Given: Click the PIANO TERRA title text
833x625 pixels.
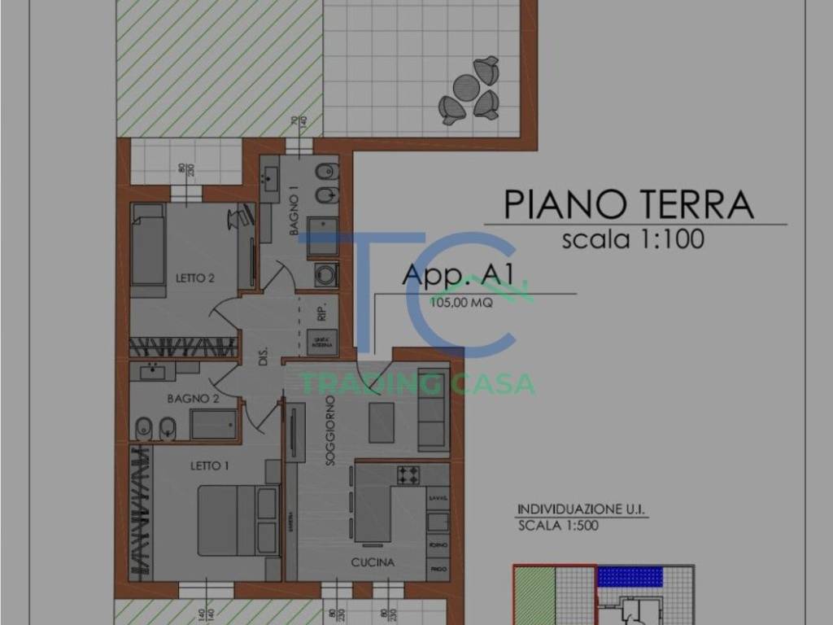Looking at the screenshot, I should (628, 204).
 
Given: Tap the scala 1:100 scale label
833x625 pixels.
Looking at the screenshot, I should (632, 240).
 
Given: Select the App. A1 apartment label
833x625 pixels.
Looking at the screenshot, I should (457, 275).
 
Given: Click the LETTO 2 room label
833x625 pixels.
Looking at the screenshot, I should (195, 278).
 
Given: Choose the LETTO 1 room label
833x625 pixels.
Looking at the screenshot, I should (210, 465).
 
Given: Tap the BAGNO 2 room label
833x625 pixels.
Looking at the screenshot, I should (193, 399).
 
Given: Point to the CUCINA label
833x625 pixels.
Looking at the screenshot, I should (373, 562).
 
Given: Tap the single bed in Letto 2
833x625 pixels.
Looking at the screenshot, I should (148, 245).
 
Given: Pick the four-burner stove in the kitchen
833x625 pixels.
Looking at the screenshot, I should (408, 474).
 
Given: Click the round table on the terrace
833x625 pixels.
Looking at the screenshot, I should (467, 86).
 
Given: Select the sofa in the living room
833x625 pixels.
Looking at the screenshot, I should (433, 409).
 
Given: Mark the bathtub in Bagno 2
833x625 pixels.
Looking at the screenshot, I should (213, 424).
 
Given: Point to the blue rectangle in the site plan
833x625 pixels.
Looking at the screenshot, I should (630, 576).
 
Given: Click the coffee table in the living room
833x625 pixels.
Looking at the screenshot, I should (381, 422).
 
